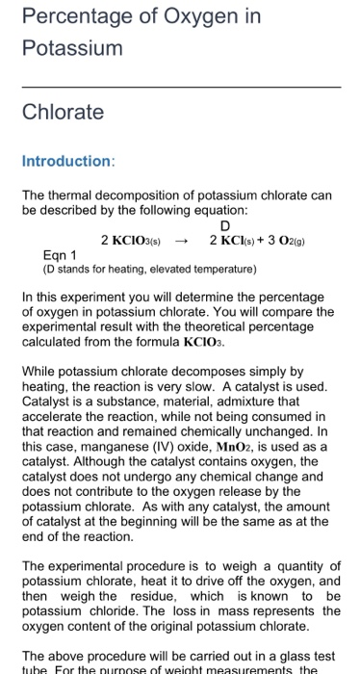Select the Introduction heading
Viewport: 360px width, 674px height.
coord(68,161)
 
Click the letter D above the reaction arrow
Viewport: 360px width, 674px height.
coord(226,226)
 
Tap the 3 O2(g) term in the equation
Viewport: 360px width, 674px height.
coord(285,241)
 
